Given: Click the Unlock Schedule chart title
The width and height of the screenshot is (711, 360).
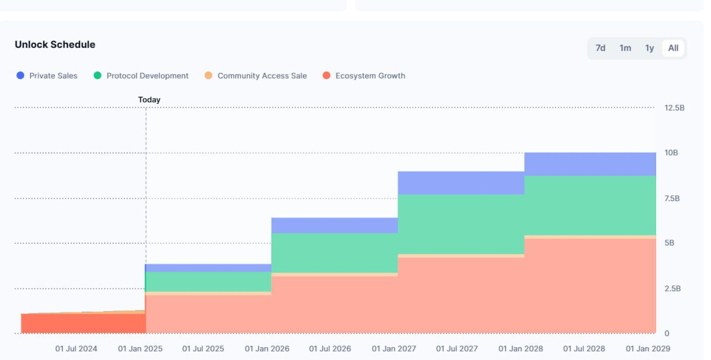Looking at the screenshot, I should pyautogui.click(x=55, y=44).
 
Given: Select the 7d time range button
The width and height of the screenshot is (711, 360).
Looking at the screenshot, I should pyautogui.click(x=600, y=48).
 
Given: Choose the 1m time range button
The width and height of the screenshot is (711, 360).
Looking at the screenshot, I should pyautogui.click(x=625, y=48).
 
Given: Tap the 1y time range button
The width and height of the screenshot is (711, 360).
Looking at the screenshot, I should pyautogui.click(x=649, y=48).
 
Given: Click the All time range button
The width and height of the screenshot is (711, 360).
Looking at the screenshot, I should pyautogui.click(x=673, y=48).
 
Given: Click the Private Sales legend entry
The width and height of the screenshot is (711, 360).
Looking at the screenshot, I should pyautogui.click(x=47, y=76).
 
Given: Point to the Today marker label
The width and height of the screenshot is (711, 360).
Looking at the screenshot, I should pyautogui.click(x=149, y=100).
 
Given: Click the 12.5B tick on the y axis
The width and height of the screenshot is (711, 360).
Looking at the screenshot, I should pyautogui.click(x=674, y=107).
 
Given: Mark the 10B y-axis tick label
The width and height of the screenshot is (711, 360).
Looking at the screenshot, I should pyautogui.click(x=671, y=153).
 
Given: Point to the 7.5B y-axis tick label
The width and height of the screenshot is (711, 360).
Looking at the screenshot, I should pyautogui.click(x=672, y=198).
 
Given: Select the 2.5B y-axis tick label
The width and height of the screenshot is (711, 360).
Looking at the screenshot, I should pyautogui.click(x=672, y=289).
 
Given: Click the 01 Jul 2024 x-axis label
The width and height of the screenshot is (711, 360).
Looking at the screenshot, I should pyautogui.click(x=76, y=349).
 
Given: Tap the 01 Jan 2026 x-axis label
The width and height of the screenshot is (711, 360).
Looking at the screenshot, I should pyautogui.click(x=267, y=349).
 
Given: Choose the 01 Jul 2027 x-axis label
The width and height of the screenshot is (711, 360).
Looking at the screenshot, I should pyautogui.click(x=457, y=349).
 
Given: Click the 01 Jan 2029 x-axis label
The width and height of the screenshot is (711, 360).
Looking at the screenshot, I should pyautogui.click(x=648, y=349).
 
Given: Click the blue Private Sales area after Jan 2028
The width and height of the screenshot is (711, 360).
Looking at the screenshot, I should pyautogui.click(x=590, y=164).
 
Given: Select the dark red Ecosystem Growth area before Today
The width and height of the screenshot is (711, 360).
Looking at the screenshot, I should pyautogui.click(x=83, y=323).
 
